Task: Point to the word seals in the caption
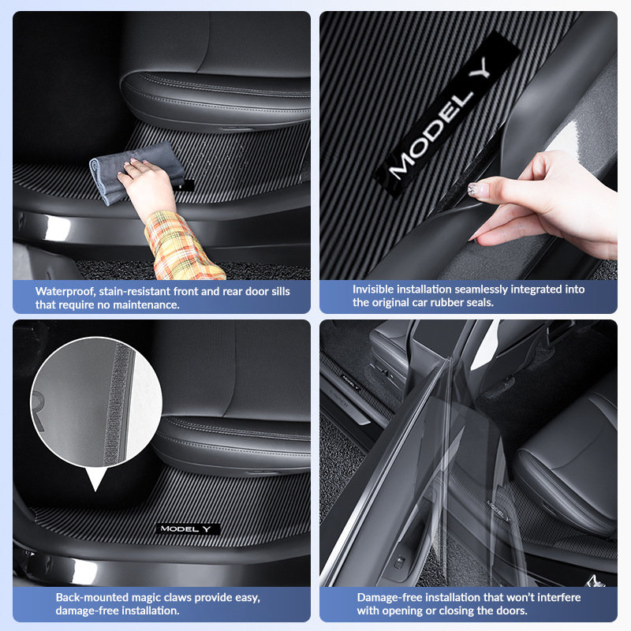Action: coord(478,303)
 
